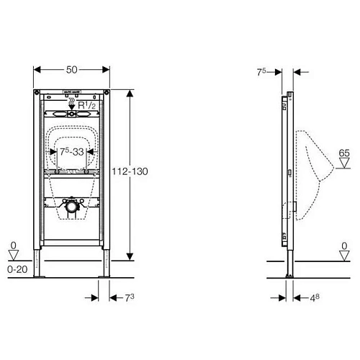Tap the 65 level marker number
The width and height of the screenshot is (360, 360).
click(x=343, y=153)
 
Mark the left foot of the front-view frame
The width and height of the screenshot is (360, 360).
click(x=42, y=269)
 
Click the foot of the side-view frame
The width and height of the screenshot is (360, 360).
click(x=289, y=269)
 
